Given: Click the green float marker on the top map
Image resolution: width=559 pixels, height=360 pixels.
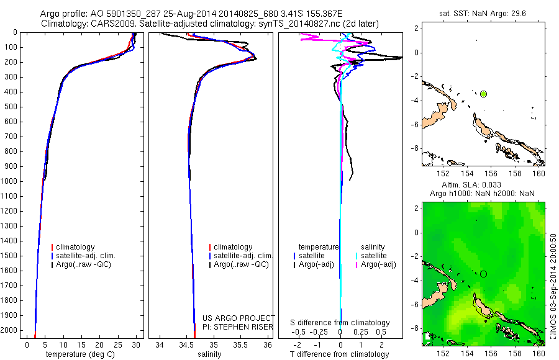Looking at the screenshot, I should [x=483, y=94].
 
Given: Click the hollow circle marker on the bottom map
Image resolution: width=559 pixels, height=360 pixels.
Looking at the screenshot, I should [x=483, y=274].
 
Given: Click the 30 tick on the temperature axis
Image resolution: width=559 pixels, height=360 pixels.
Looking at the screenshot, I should [x=137, y=344].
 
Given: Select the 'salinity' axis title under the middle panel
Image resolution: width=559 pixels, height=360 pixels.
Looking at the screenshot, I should [x=210, y=354].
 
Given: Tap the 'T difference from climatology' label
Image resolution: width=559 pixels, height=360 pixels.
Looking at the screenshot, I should [x=340, y=354].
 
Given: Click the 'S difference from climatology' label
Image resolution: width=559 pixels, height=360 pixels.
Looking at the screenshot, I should [x=340, y=323].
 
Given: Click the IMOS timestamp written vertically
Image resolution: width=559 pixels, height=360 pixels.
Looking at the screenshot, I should [x=553, y=286].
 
